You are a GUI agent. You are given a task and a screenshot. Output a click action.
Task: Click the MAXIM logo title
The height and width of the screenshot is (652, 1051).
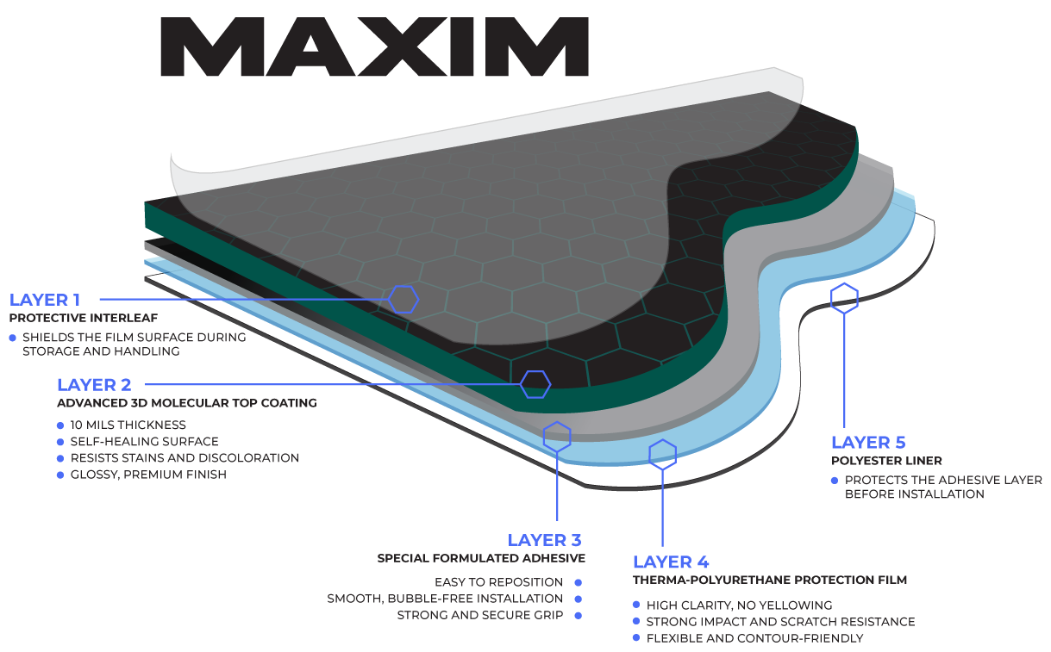[x=374, y=48]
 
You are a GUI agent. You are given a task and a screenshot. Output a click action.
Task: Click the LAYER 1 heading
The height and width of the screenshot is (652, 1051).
[x=45, y=300]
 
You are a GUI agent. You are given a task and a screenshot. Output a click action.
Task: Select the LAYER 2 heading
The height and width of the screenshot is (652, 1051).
[x=94, y=385]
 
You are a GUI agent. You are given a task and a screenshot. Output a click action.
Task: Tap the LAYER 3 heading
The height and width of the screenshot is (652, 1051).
[x=544, y=540]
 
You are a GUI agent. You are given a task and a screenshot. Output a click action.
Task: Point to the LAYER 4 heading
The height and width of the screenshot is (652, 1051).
[x=671, y=562]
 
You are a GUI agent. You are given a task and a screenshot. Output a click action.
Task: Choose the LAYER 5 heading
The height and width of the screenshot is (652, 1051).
[x=868, y=443]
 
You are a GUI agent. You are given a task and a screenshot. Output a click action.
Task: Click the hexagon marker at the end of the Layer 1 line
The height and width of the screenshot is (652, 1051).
[x=404, y=299]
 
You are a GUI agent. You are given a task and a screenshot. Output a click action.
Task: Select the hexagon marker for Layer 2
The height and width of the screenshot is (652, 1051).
[x=535, y=384]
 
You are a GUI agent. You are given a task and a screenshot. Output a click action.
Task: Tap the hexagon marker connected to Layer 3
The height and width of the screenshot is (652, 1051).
[x=557, y=436]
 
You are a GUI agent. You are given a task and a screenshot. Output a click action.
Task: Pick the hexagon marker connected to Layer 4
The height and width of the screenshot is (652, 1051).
[x=662, y=454]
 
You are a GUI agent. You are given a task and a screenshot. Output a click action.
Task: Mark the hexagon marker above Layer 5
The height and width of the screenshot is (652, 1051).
[x=844, y=298]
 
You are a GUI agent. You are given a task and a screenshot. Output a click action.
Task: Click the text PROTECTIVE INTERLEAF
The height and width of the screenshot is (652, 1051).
[x=84, y=318]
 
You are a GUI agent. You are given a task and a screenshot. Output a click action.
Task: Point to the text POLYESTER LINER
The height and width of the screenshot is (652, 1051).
[x=886, y=461]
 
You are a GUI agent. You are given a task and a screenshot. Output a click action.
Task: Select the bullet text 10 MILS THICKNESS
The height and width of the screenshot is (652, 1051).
[x=128, y=425]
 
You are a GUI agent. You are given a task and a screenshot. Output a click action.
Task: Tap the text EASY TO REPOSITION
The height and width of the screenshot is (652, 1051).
[x=498, y=582]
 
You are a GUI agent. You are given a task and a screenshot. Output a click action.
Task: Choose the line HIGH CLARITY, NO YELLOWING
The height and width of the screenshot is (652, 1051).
[x=739, y=605]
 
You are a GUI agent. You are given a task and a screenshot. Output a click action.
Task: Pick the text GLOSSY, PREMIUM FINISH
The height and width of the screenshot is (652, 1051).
[x=148, y=475]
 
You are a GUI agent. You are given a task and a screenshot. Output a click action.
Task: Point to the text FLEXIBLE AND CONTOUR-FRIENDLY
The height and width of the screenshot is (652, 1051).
[x=754, y=638]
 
